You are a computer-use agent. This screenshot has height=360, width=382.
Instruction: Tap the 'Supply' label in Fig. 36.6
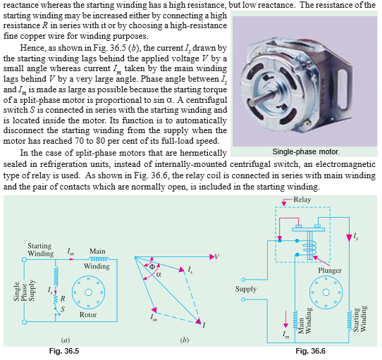[246, 290]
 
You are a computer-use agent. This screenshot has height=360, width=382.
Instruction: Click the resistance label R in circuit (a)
[63, 297]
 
